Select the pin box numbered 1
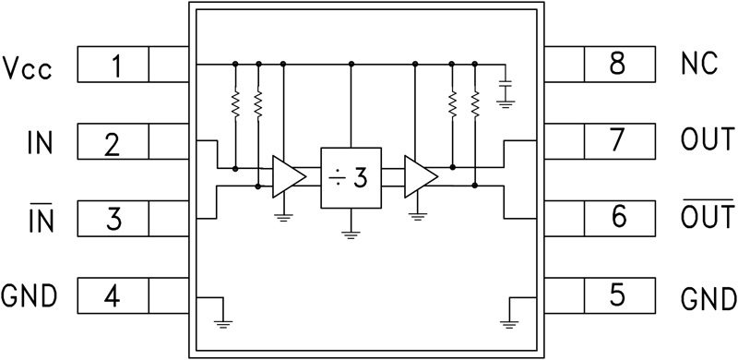pos(113,66)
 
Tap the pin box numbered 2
pos(113,144)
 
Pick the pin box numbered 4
pos(113,297)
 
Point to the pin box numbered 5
pos(618,297)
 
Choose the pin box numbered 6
pos(618,220)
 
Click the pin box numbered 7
pos(618,143)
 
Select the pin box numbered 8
pos(618,66)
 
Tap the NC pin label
pos(698,66)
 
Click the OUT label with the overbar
pos(707,219)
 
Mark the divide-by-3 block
pos(350,177)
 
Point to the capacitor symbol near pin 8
pos(505,90)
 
